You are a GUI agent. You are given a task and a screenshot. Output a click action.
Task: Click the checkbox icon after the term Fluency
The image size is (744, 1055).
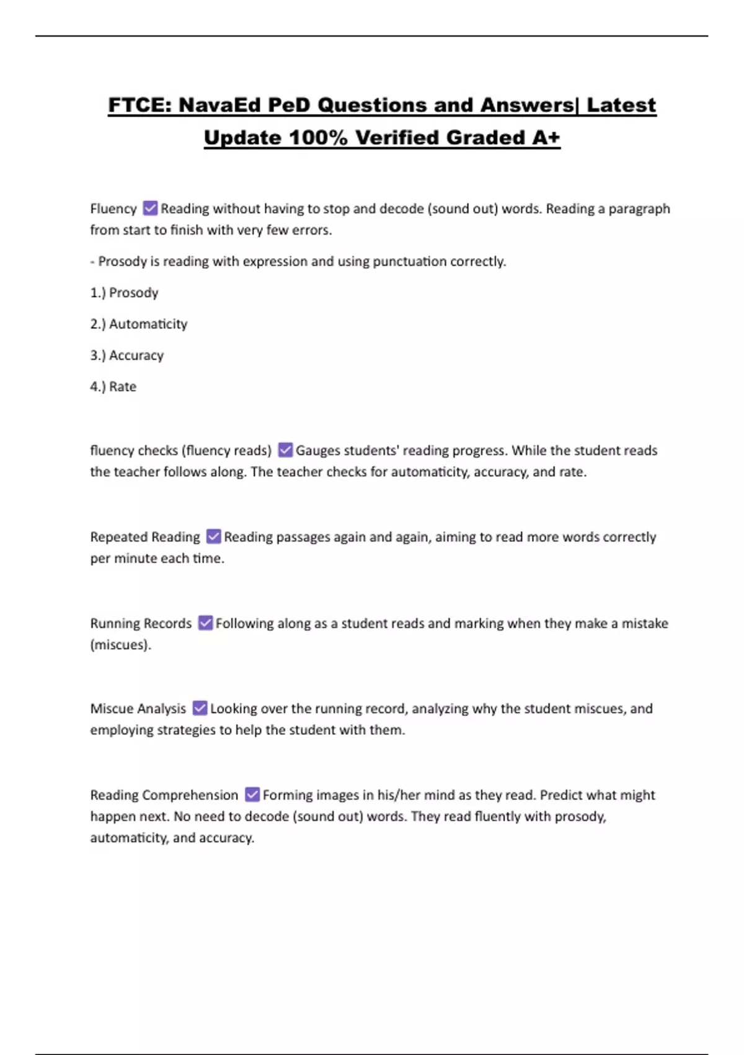click(150, 208)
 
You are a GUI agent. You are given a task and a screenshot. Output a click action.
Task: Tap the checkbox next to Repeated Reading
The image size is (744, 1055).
click(213, 536)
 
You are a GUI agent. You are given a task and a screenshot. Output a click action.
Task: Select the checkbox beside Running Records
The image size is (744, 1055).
click(205, 622)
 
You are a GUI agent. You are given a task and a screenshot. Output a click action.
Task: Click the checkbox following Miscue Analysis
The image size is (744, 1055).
click(200, 708)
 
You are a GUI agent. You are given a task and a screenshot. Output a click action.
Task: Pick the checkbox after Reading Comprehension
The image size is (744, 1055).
click(252, 794)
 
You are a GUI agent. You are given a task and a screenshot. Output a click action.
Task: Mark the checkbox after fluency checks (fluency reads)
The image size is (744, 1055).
click(285, 450)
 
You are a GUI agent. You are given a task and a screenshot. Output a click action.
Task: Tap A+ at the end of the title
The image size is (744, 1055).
click(546, 137)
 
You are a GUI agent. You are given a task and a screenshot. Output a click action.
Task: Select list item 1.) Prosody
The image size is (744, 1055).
click(124, 292)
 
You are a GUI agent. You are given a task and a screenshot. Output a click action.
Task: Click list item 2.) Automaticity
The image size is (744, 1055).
click(138, 324)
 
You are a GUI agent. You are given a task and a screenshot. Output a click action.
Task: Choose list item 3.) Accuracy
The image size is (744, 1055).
click(126, 355)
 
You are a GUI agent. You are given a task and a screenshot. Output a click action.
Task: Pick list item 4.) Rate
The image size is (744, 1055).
click(113, 387)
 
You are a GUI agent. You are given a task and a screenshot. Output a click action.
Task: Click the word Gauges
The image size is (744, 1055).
click(317, 451)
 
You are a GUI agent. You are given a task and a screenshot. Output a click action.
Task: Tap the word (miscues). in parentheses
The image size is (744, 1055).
click(120, 645)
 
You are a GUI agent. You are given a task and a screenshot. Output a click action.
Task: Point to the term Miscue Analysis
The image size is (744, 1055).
click(138, 709)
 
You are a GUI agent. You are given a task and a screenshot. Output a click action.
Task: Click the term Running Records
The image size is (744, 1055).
click(141, 623)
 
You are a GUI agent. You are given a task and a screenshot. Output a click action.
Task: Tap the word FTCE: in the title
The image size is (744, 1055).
click(140, 105)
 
